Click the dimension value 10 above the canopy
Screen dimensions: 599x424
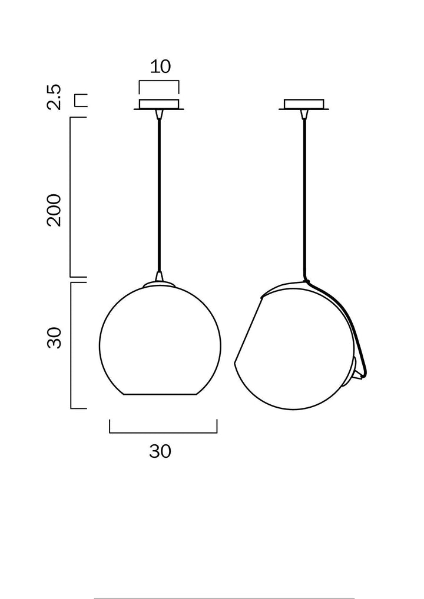tap(160, 66)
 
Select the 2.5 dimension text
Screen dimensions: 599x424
tap(54, 97)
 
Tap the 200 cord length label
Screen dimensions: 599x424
tap(54, 210)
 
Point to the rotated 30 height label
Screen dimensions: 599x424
tap(54, 338)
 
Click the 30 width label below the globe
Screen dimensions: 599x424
tap(160, 451)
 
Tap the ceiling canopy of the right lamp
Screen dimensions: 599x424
tap(304, 105)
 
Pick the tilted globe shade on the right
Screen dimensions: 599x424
tap(294, 353)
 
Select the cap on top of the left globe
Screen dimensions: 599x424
tap(159, 284)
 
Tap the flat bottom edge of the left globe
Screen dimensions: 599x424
tap(160, 394)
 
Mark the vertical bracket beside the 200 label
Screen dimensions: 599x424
tap(71, 197)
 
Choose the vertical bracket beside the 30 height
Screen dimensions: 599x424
tap(71, 345)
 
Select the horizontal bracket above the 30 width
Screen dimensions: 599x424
tap(163, 432)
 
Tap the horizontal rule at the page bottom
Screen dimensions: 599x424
tap(224, 598)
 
